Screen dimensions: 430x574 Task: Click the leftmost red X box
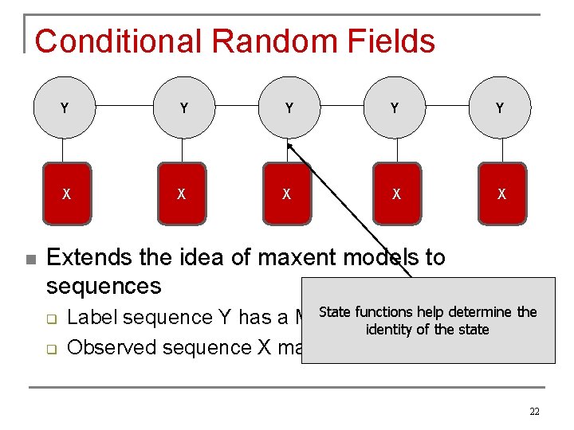66,193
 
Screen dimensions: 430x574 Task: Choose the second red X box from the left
182,193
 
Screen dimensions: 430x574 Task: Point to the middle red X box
286,193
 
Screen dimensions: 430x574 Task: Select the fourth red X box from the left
396,193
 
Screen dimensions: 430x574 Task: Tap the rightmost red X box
501,193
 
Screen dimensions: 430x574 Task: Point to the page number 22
534,411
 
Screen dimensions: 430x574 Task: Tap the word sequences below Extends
104,286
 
